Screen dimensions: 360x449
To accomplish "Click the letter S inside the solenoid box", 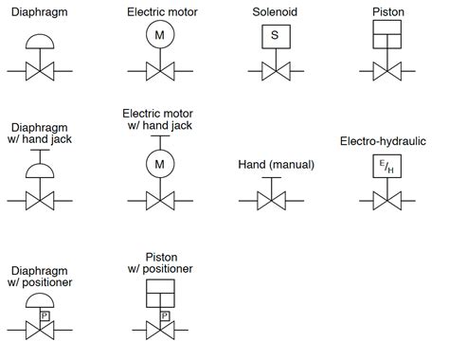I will [x=274, y=36].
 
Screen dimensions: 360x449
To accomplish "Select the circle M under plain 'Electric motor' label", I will [x=159, y=36].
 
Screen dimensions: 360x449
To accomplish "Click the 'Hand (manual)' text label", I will [x=275, y=166].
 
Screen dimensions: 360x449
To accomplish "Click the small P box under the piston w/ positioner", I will [x=165, y=315].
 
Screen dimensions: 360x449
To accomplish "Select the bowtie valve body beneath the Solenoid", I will [x=274, y=71].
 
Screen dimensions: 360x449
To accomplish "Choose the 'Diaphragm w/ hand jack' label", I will [x=40, y=132].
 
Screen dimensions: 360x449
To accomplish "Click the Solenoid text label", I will [x=275, y=10].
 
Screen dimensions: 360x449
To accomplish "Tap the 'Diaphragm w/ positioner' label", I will [x=40, y=275].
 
